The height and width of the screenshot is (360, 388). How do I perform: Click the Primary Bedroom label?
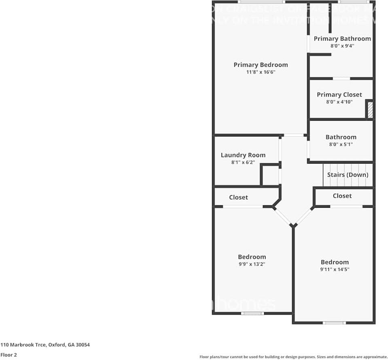(x=261, y=65)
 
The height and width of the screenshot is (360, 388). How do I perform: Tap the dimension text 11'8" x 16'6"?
(x=261, y=72)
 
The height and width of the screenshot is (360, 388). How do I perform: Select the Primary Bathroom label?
(x=342, y=39)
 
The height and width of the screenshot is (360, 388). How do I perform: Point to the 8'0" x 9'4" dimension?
(x=342, y=46)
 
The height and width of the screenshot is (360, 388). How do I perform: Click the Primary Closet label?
(x=339, y=95)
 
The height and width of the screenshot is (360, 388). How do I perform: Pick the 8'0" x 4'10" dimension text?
(x=339, y=102)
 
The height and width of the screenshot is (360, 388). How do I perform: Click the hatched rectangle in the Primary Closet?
(x=370, y=110)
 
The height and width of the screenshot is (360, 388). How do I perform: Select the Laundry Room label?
(x=243, y=155)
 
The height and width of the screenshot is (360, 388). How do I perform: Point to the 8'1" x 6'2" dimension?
(x=243, y=162)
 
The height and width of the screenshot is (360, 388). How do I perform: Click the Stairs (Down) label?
(x=348, y=175)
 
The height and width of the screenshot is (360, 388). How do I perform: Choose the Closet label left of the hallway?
(x=238, y=197)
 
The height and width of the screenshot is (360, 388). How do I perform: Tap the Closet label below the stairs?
(x=342, y=196)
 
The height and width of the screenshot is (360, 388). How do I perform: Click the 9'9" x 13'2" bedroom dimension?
(x=252, y=264)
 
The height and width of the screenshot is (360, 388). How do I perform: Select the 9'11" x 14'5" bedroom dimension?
(x=335, y=269)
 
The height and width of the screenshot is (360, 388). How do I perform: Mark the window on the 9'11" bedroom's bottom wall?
(x=334, y=323)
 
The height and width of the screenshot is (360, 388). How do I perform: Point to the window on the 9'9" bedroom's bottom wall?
(x=252, y=313)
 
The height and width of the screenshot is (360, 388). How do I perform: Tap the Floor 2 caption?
(x=8, y=355)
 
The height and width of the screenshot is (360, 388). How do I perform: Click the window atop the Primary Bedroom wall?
(x=261, y=2)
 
